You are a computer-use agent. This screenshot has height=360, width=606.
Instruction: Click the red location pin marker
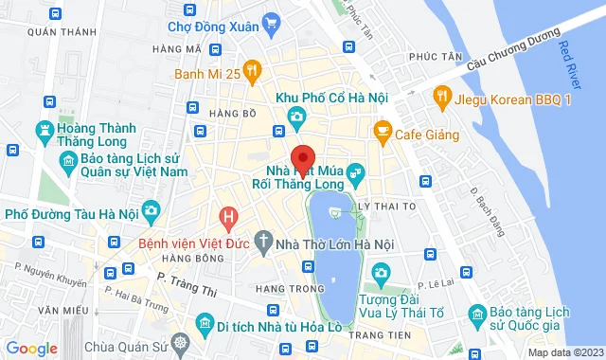click(x=301, y=158)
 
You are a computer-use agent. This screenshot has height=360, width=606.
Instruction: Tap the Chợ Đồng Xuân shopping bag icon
click(x=272, y=22)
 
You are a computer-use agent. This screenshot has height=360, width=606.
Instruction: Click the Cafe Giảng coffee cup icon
click(x=382, y=130)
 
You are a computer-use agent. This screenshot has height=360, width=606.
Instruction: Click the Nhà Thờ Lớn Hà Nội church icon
click(x=263, y=242)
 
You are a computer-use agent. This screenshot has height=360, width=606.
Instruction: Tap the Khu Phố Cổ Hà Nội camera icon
click(x=297, y=116)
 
